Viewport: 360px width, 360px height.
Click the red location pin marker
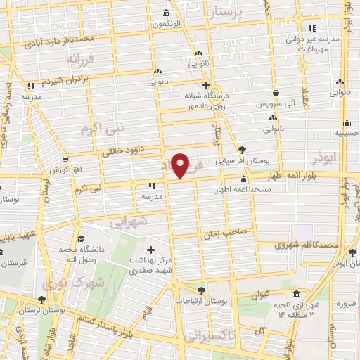(x=181, y=165)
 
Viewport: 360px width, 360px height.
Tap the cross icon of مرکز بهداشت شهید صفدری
(x=151, y=249)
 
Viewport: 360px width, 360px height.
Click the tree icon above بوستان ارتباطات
(x=202, y=290)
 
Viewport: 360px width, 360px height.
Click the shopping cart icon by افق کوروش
(x=65, y=160)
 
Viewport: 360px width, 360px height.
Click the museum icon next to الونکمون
(x=166, y=13)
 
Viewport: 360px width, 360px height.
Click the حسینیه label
(x=345, y=131)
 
